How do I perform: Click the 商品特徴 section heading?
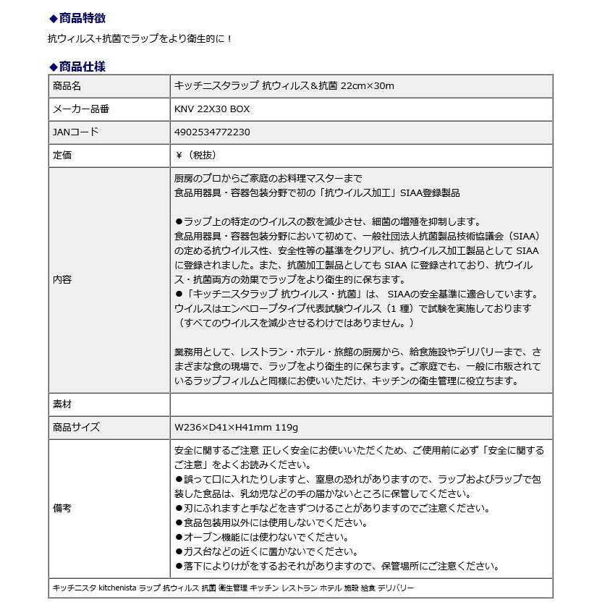click(81, 18)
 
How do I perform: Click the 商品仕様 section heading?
click(81, 67)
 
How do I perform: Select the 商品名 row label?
click(67, 86)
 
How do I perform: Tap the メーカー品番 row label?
click(81, 109)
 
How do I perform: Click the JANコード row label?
click(75, 132)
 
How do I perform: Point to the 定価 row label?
click(63, 156)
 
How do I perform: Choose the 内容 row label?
click(63, 279)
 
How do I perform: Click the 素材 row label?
click(63, 404)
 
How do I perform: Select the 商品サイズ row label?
click(77, 427)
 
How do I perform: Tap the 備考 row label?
click(63, 508)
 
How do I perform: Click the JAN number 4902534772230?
click(213, 132)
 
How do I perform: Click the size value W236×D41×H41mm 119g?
click(237, 427)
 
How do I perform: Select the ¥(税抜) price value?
click(195, 156)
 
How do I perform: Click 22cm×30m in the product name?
click(368, 86)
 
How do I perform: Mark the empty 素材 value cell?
click(360, 404)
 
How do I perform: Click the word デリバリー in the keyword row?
click(396, 588)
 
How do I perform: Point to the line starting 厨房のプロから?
click(268, 179)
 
